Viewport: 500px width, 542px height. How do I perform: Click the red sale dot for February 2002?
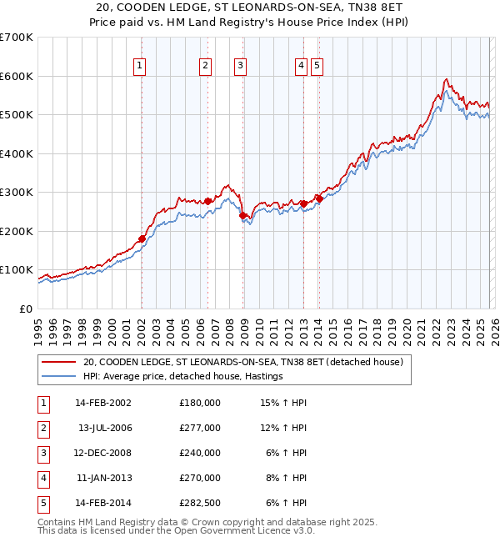coord(142,238)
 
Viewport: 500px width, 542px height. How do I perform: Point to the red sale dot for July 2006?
coord(207,201)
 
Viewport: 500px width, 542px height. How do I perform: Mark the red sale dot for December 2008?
coord(242,215)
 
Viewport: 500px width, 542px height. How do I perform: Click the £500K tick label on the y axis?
coord(17,114)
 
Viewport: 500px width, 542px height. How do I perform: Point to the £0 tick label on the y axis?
coord(25,309)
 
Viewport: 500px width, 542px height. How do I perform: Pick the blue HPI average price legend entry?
coord(183,376)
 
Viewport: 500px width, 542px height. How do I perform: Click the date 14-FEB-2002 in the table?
coord(103,403)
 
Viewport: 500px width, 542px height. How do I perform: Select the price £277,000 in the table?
coord(199,428)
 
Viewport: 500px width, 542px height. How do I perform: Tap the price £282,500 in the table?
coord(199,503)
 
